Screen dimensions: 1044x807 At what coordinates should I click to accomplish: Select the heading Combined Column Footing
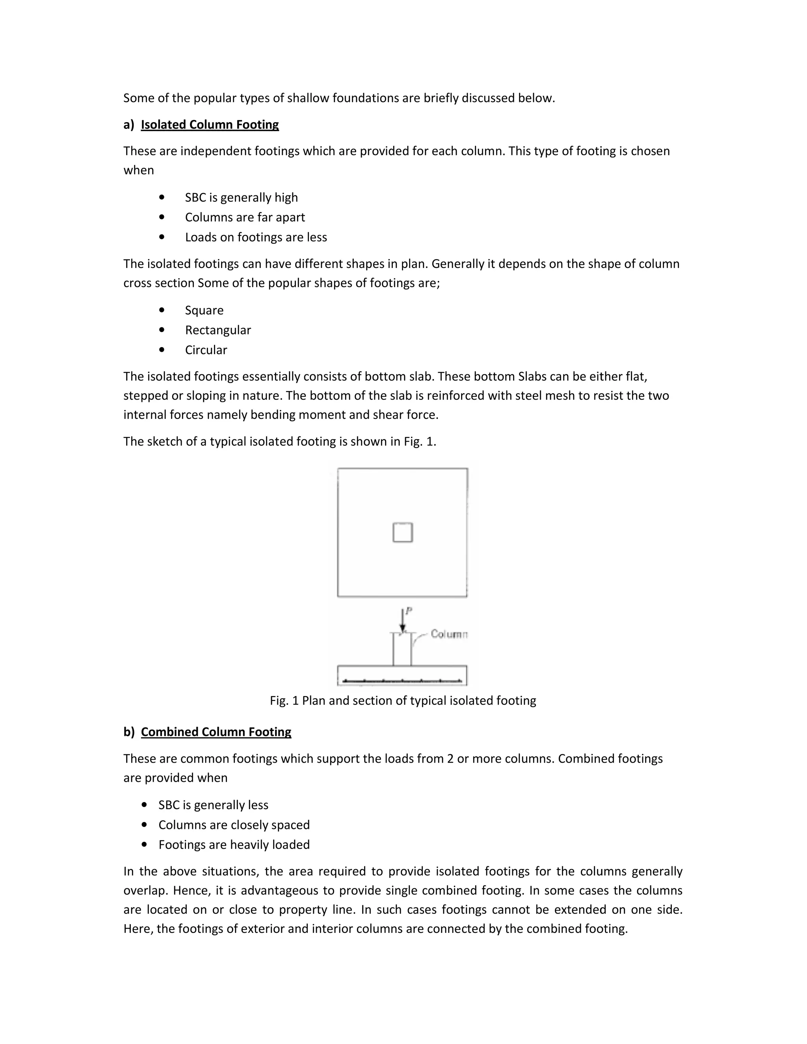pyautogui.click(x=216, y=732)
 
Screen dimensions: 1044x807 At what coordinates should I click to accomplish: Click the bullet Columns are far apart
pyautogui.click(x=245, y=217)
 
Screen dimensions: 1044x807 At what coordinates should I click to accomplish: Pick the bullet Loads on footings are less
pyautogui.click(x=256, y=238)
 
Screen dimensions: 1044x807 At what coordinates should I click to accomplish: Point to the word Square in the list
pyautogui.click(x=204, y=311)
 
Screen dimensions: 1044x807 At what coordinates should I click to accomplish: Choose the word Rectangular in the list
pyautogui.click(x=218, y=330)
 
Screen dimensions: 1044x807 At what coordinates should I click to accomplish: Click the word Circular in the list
pyautogui.click(x=206, y=350)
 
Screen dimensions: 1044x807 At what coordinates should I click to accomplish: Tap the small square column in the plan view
pyautogui.click(x=403, y=533)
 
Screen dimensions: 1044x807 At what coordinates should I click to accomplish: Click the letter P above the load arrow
pyautogui.click(x=409, y=610)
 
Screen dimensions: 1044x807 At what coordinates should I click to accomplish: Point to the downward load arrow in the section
pyautogui.click(x=403, y=621)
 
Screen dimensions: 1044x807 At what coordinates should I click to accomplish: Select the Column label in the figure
pyautogui.click(x=448, y=634)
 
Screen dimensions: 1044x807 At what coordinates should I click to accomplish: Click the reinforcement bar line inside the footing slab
pyautogui.click(x=403, y=680)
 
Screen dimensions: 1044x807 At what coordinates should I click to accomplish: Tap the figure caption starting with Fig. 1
pyautogui.click(x=403, y=701)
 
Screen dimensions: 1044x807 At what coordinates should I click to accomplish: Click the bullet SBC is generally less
pyautogui.click(x=213, y=805)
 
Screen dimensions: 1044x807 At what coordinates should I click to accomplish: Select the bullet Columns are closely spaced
pyautogui.click(x=234, y=825)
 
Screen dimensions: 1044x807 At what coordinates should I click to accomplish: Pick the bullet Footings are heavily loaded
pyautogui.click(x=234, y=845)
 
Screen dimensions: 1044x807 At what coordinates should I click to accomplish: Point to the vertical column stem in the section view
pyautogui.click(x=402, y=650)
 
